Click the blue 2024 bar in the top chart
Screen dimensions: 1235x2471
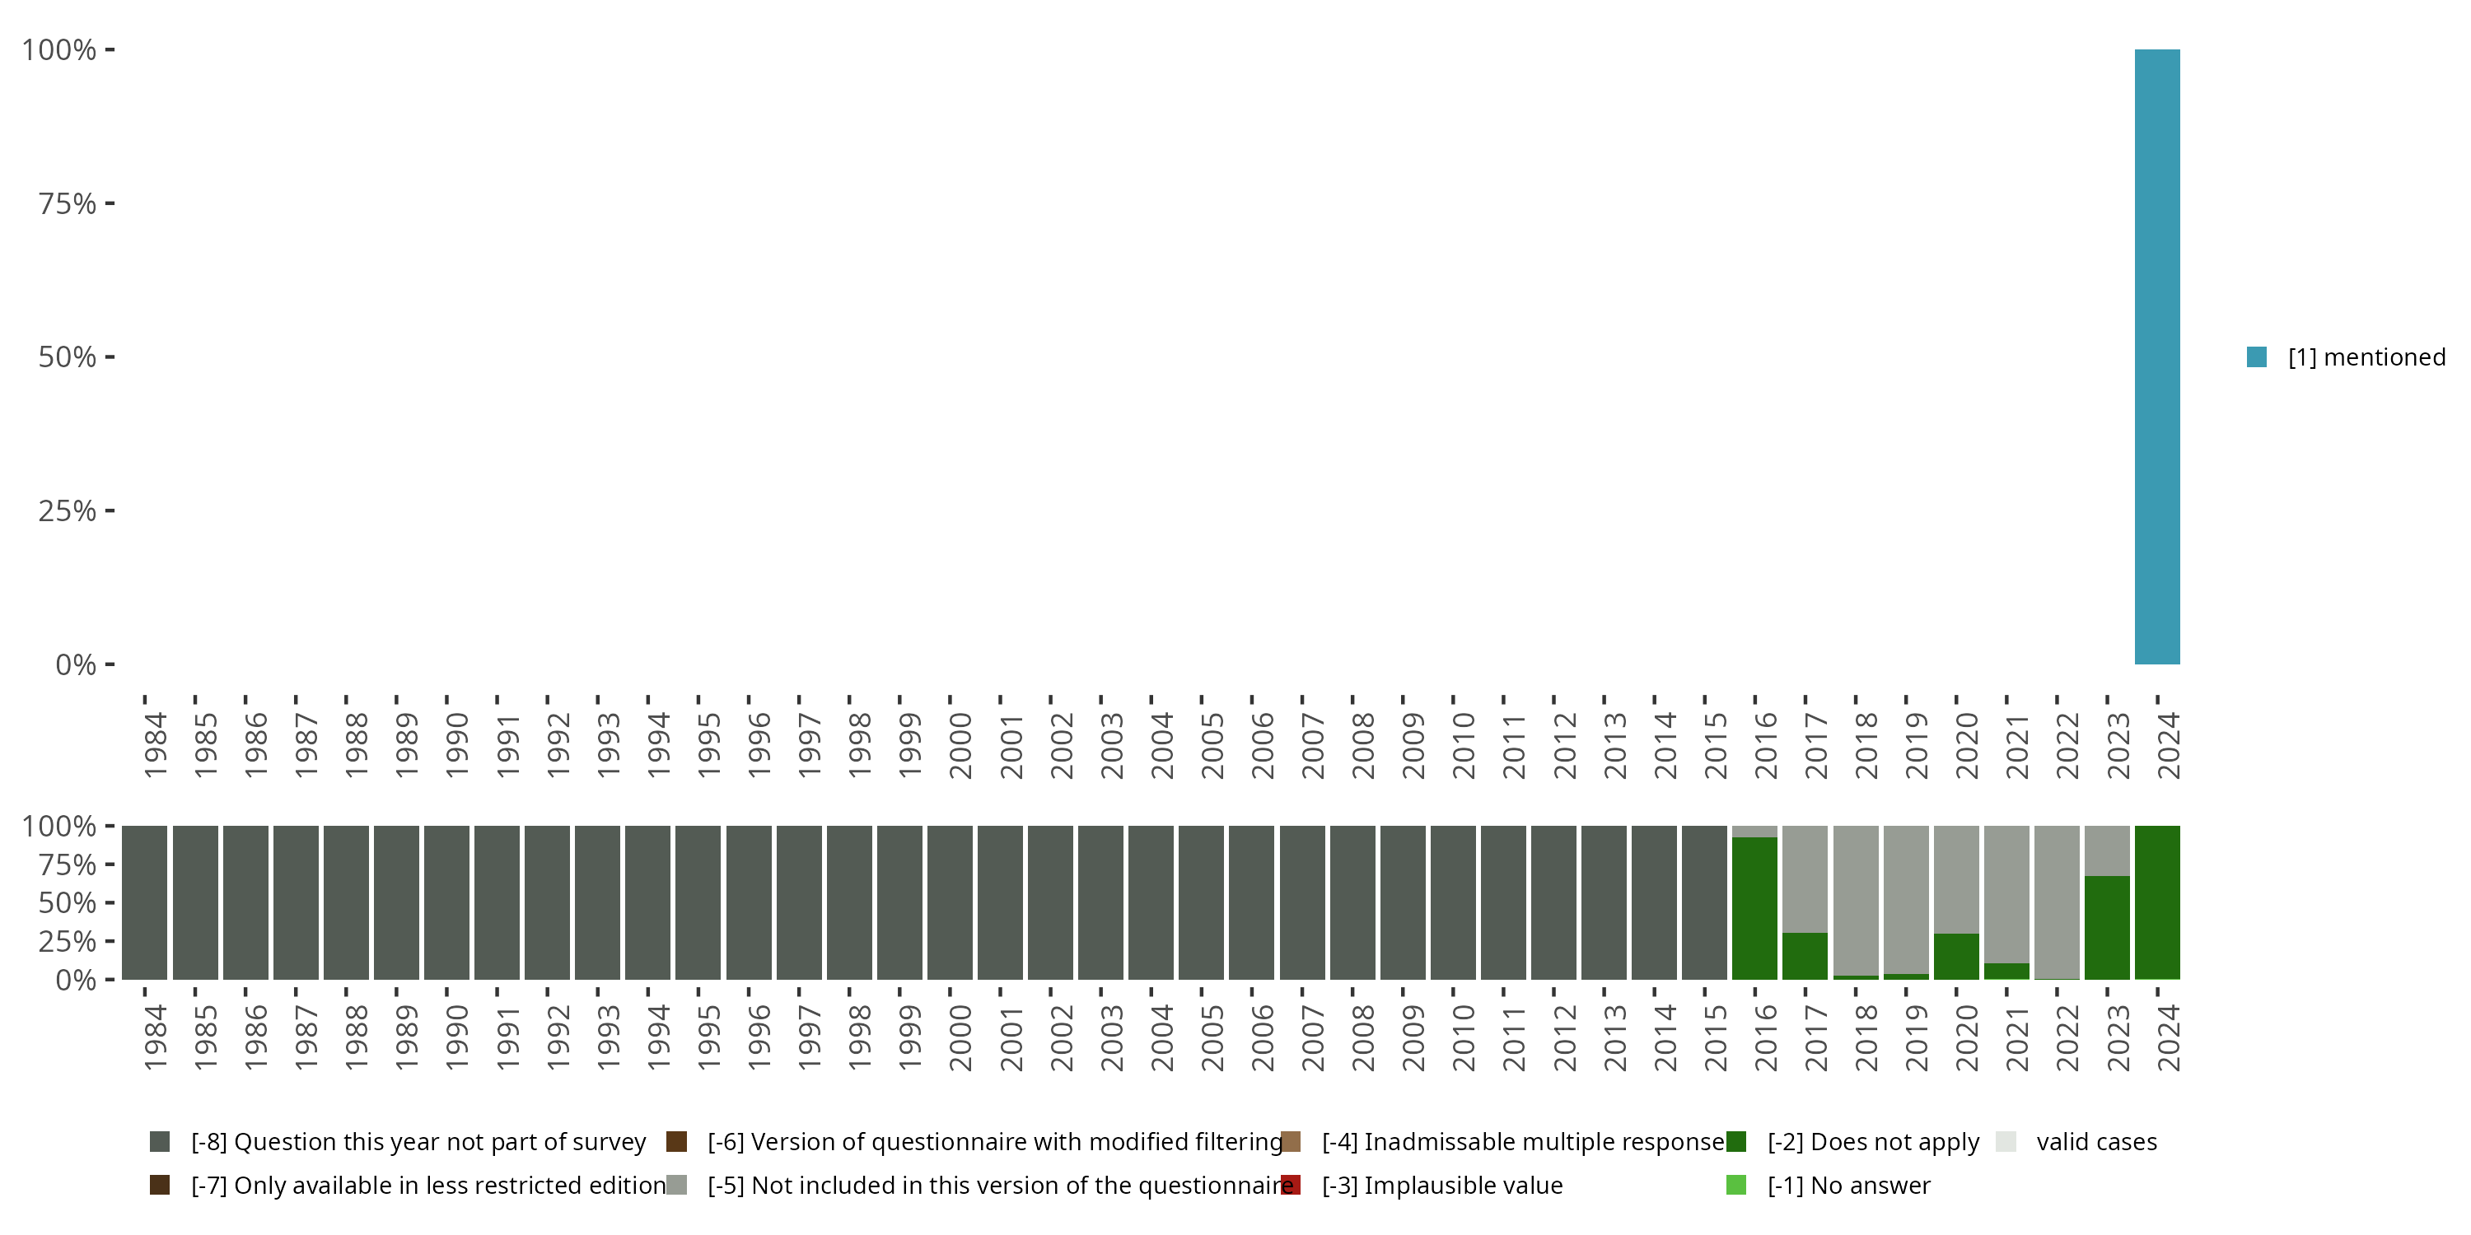click(x=2156, y=357)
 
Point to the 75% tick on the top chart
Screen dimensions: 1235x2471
click(x=110, y=203)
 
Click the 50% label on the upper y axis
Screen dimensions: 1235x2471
click(x=68, y=357)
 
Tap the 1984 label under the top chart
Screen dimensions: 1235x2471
click(x=156, y=745)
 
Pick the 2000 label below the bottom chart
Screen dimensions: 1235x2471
click(x=960, y=1037)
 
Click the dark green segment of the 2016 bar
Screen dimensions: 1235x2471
click(x=1754, y=907)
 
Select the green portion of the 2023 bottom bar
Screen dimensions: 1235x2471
click(x=2106, y=926)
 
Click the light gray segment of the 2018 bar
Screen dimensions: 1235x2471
click(x=1855, y=899)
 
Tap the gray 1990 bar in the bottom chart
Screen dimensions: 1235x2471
click(x=447, y=902)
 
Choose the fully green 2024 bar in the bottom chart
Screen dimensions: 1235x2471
click(x=2156, y=902)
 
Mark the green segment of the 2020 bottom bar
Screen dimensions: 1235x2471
click(x=1956, y=956)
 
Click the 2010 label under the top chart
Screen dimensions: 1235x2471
click(x=1463, y=745)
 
